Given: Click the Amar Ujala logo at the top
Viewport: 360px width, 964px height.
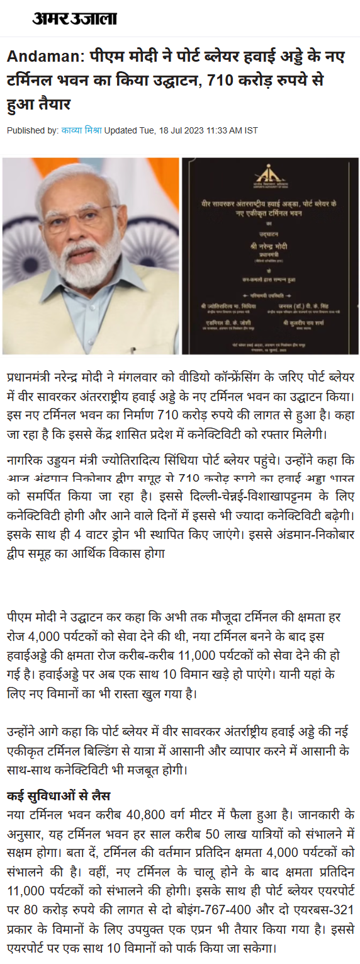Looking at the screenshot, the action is (74, 19).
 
